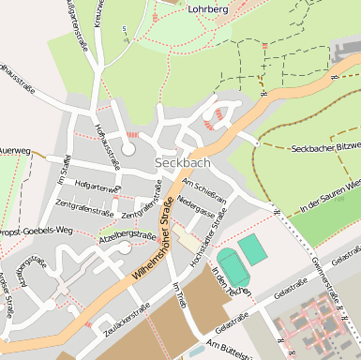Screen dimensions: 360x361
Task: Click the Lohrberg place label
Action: coord(208,8)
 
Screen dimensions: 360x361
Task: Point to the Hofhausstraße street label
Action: coord(107,144)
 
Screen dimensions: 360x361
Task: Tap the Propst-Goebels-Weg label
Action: coord(38,229)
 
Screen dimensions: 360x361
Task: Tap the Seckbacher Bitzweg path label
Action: coord(324,149)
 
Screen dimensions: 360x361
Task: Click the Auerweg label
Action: coord(15,150)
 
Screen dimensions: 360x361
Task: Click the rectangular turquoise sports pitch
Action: coord(251,248)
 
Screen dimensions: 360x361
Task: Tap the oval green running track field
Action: coord(233,267)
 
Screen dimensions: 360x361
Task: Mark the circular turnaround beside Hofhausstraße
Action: coord(128,148)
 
